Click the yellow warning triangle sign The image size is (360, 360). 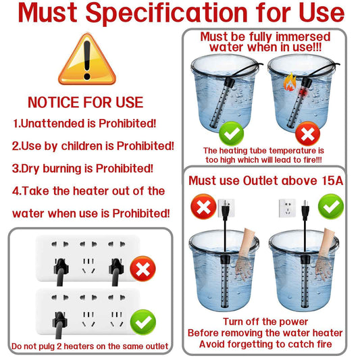[87, 59]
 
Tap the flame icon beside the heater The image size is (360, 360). [290, 82]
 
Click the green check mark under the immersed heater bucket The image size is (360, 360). [231, 134]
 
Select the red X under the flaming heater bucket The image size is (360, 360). [307, 134]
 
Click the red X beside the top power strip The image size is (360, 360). [143, 269]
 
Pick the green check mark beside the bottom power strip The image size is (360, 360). [143, 322]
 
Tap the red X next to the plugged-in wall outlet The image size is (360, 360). [203, 207]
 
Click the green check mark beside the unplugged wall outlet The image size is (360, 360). [331, 207]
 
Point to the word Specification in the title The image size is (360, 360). [166, 14]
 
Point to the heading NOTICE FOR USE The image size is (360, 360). [86, 102]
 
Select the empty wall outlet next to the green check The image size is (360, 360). [287, 208]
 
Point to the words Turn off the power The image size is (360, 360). [265, 322]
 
